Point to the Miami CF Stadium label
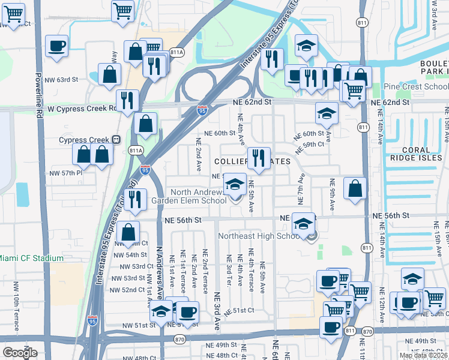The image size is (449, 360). click(x=31, y=258)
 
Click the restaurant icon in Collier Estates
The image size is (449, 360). click(x=259, y=158)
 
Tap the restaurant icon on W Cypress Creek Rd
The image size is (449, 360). click(x=127, y=100)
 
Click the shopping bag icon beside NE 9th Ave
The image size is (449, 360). click(x=355, y=188)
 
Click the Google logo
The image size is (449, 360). click(x=20, y=353)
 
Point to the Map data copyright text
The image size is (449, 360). click(x=423, y=355)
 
